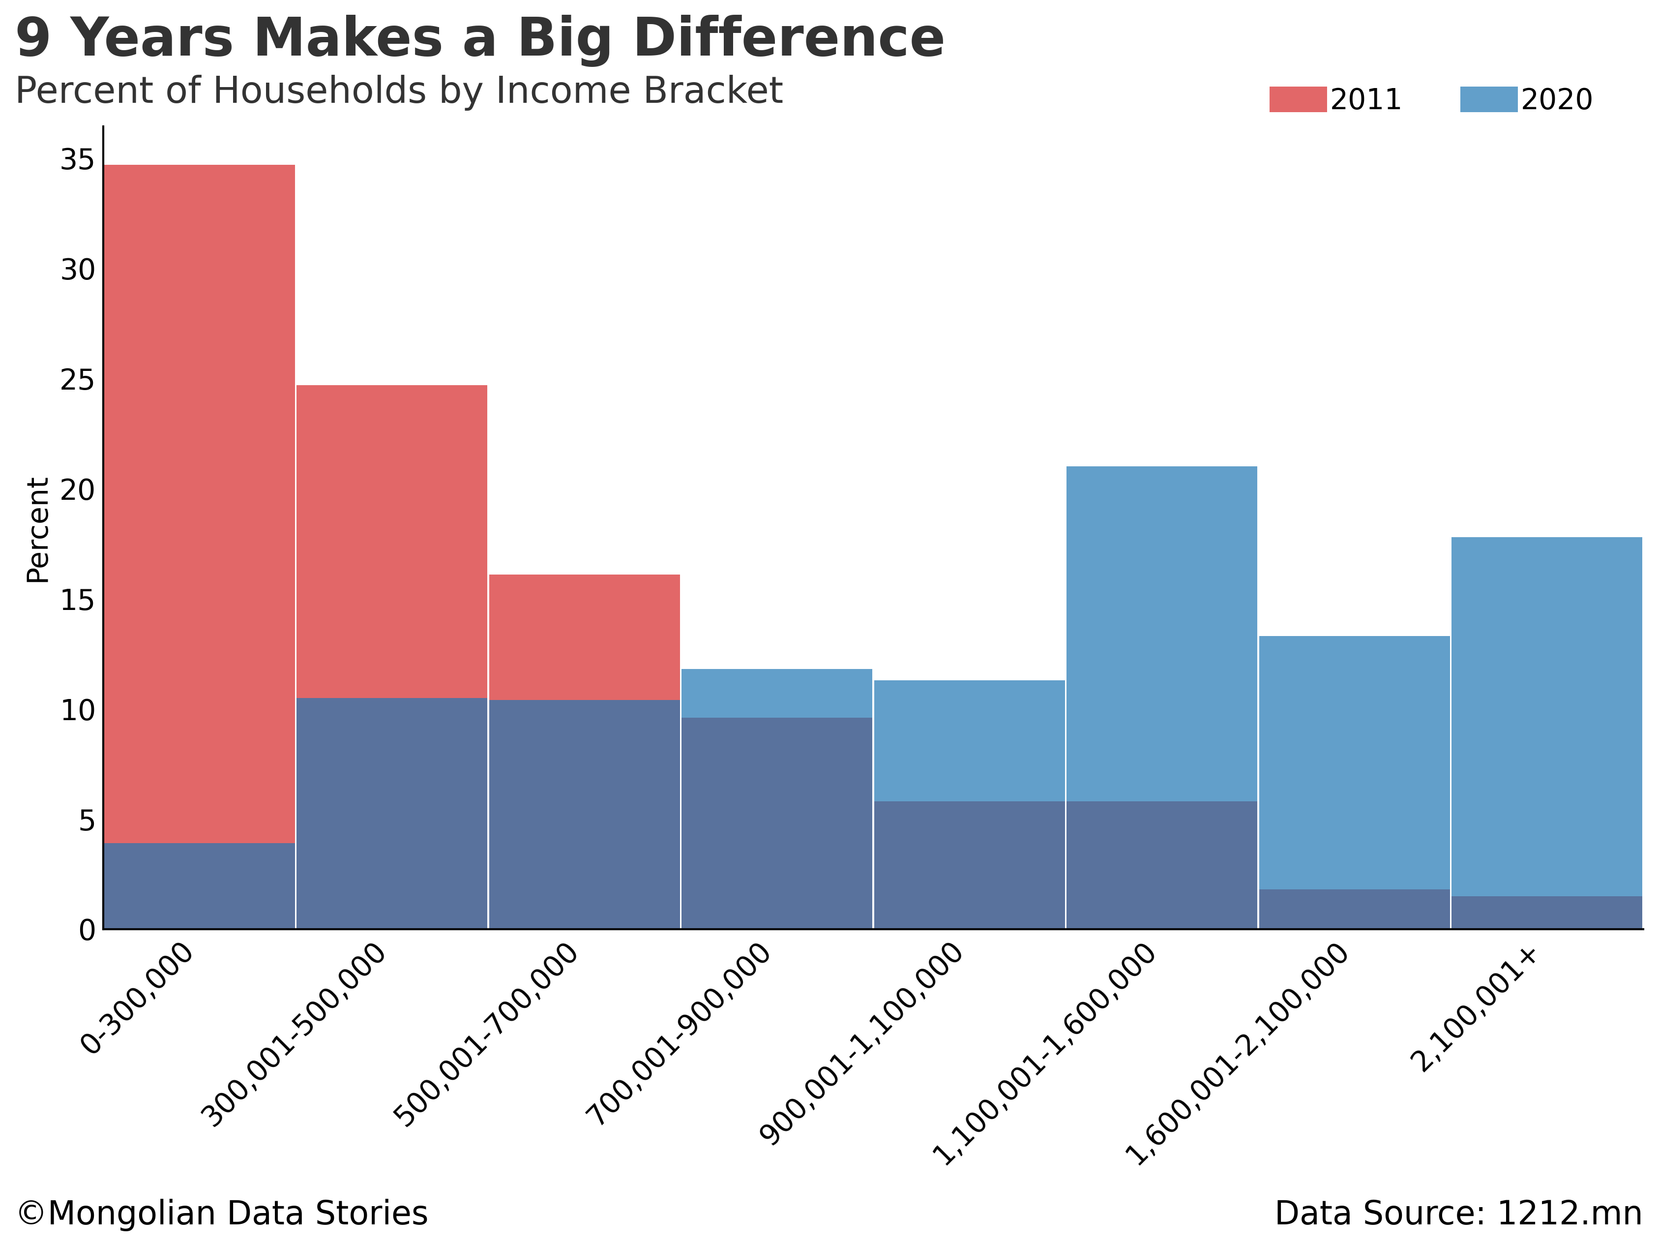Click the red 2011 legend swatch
pyautogui.click(x=1298, y=100)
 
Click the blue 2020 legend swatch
pyautogui.click(x=1488, y=100)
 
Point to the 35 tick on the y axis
pyautogui.click(x=78, y=160)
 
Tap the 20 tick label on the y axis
pyautogui.click(x=78, y=490)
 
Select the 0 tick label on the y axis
pyautogui.click(x=87, y=930)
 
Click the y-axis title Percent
pyautogui.click(x=37, y=530)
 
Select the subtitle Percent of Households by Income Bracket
pyautogui.click(x=399, y=91)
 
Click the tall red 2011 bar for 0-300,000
pyautogui.click(x=199, y=502)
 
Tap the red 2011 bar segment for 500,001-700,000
pyautogui.click(x=584, y=637)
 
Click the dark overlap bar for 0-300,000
pyautogui.click(x=199, y=886)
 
